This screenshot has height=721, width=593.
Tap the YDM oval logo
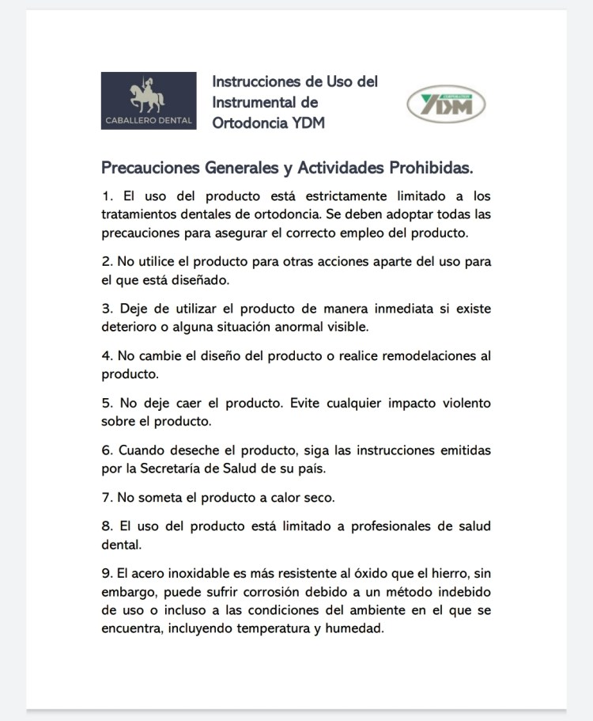(x=446, y=104)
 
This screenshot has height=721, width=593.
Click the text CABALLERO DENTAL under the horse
(x=148, y=121)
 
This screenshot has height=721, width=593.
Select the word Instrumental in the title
(x=255, y=102)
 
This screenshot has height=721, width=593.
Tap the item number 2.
(x=107, y=261)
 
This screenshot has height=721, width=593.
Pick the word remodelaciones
(x=429, y=356)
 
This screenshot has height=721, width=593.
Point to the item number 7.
(x=107, y=498)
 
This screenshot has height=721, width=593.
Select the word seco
(x=317, y=498)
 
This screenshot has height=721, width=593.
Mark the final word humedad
(x=354, y=629)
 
